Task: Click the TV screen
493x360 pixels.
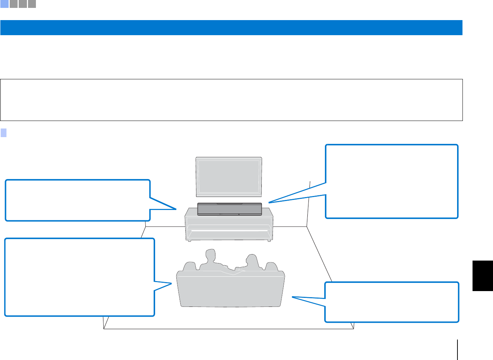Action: click(x=229, y=176)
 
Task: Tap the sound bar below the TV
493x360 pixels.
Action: click(x=229, y=209)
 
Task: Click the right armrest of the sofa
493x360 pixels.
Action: click(x=271, y=267)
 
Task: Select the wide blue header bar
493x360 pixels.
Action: click(x=231, y=28)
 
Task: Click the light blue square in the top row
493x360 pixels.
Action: click(x=4, y=4)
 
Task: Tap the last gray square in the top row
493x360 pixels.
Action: click(x=32, y=4)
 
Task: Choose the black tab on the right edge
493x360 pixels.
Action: click(x=483, y=276)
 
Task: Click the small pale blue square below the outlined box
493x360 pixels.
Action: click(x=4, y=133)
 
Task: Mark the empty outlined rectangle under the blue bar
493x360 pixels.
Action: click(x=231, y=100)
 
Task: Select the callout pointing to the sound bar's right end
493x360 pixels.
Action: click(x=391, y=181)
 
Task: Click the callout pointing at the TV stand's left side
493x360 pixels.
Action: click(x=78, y=200)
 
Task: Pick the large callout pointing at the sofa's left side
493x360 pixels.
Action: click(x=79, y=277)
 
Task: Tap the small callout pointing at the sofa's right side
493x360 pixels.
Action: click(x=392, y=302)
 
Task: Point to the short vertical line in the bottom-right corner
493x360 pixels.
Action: click(x=457, y=350)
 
